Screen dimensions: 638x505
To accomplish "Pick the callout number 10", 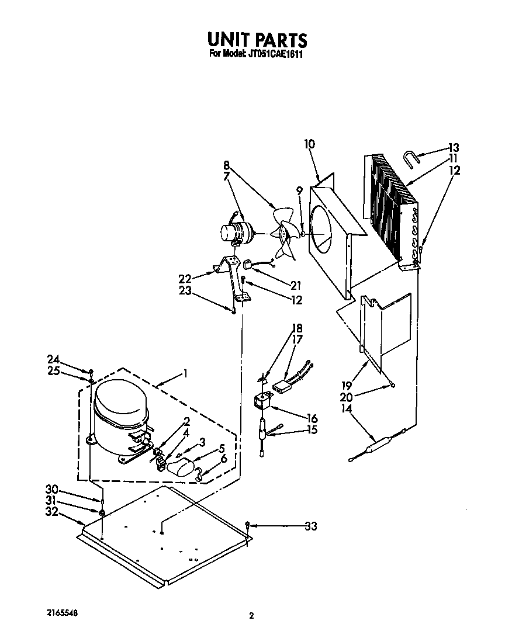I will tap(310, 144).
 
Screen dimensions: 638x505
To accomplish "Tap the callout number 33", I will tap(310, 526).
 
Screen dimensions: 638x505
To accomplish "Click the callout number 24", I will tap(53, 359).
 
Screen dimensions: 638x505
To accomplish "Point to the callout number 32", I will tap(53, 512).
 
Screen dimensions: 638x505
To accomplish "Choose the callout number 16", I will tap(312, 418).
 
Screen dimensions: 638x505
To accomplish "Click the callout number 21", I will tap(296, 285).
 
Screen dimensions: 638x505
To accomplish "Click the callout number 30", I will tap(53, 489).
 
